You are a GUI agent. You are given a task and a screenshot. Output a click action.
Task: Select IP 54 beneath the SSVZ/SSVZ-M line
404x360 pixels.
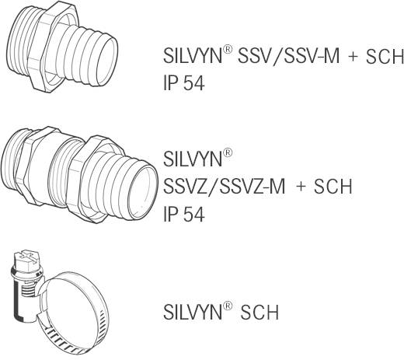[183, 215]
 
